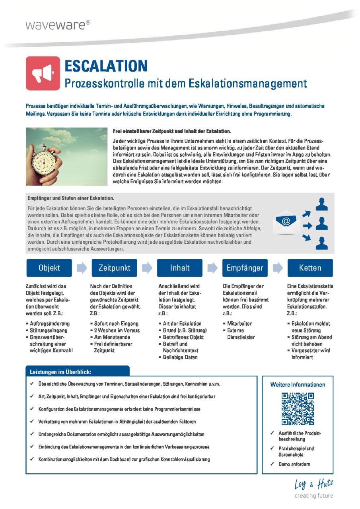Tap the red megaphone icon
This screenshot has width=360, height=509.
pos(43,73)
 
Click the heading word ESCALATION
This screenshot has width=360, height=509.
pos(106,66)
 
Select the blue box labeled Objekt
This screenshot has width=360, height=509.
pos(49,268)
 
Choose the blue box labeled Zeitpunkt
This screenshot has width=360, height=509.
pos(114,268)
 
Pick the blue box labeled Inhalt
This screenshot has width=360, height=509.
pos(180,268)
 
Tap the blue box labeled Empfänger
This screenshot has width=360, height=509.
pos(245,268)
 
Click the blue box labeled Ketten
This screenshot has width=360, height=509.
pos(310,268)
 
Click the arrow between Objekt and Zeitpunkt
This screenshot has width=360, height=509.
pos(82,268)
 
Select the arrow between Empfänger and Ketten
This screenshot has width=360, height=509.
pos(277,268)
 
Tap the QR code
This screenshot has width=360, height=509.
pos(298,408)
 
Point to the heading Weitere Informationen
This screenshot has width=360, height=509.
pos(298,385)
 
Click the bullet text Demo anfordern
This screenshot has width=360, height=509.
pos(294,464)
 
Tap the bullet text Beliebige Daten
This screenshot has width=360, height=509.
pos(180,357)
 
